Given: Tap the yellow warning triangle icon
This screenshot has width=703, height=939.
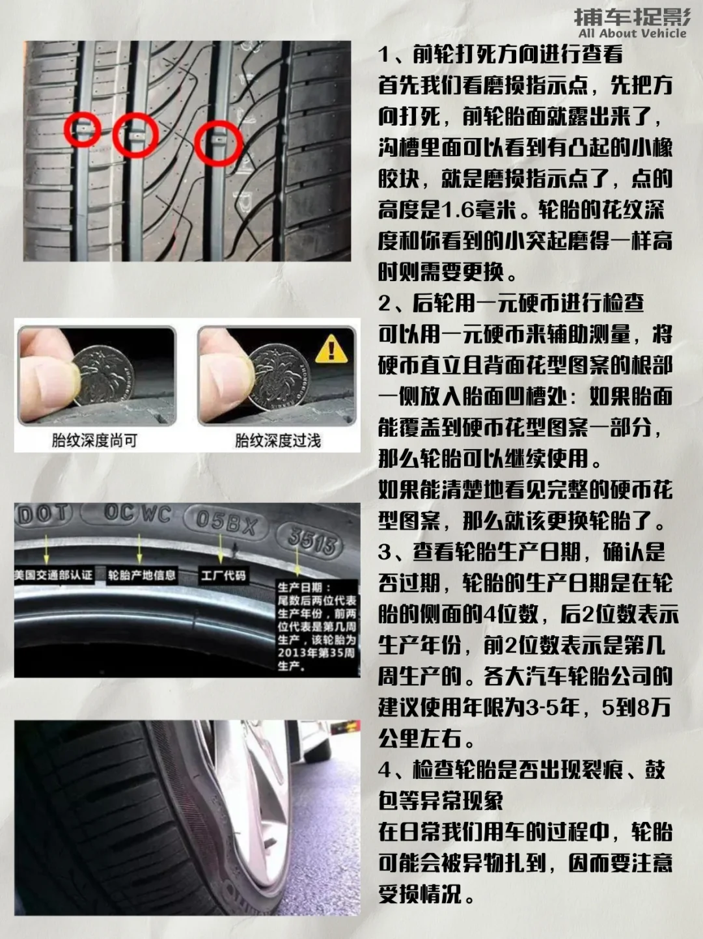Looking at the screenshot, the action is [x=331, y=349].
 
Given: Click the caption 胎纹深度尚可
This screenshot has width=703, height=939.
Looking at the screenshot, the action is [x=94, y=441].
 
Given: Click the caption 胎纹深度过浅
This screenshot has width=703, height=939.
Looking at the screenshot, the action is [x=278, y=441].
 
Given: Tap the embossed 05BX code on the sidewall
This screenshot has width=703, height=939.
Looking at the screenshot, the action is [x=226, y=523].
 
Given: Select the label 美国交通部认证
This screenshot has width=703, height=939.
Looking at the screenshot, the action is [x=53, y=575].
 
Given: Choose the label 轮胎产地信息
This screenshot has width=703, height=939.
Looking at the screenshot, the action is [x=142, y=575].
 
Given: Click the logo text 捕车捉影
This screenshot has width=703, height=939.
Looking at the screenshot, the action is [x=632, y=17].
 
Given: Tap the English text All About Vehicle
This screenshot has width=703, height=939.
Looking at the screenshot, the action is [x=633, y=33].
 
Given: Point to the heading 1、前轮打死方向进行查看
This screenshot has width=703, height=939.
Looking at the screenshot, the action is [x=500, y=54].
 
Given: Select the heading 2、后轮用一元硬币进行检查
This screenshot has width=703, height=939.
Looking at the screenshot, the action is [x=511, y=303].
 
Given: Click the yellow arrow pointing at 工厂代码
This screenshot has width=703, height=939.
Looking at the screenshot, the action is [x=221, y=549].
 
